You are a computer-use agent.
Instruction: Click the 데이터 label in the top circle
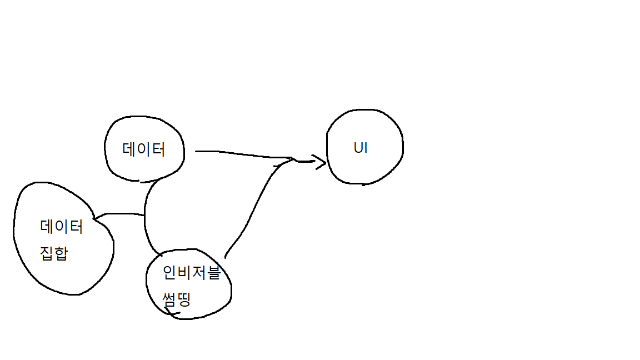pos(143,149)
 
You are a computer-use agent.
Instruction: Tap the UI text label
pos(361,148)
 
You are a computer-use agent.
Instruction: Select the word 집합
pos(54,253)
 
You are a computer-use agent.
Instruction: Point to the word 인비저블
pos(191,273)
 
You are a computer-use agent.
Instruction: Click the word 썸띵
pos(177,300)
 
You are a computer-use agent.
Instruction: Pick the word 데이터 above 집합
pos(61,227)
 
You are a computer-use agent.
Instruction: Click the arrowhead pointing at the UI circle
pos(320,162)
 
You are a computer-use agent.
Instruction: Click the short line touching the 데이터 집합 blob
pos(119,214)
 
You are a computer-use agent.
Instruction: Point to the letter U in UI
pos(357,148)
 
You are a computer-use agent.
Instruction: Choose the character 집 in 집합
pos(47,253)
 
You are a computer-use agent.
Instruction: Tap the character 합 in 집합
pos(61,253)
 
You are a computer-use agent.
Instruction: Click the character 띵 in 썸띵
pos(184,300)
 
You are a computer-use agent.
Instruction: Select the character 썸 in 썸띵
pos(169,300)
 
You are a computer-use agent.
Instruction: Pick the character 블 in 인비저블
pos(214,273)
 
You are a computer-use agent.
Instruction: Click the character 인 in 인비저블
pos(169,273)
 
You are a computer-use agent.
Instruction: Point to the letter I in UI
pos(365,148)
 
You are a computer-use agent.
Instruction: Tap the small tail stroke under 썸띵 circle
pos(173,314)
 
